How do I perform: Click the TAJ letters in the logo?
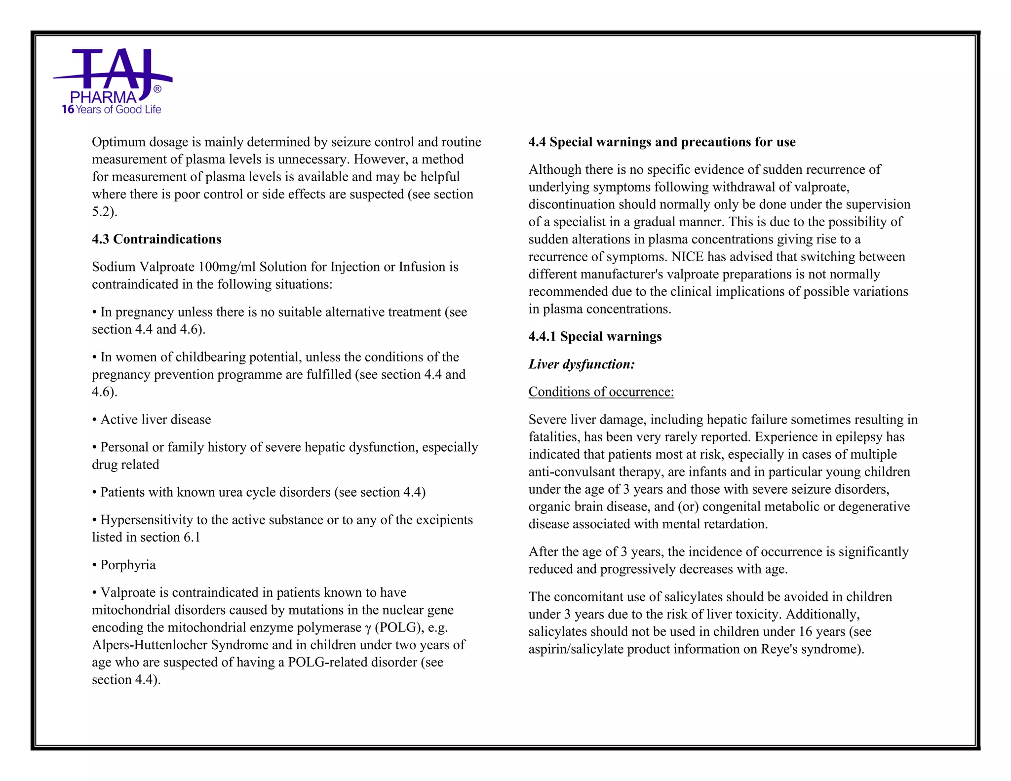tap(113, 69)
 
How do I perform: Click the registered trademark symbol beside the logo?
tap(157, 89)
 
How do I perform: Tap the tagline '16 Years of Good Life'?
tap(112, 110)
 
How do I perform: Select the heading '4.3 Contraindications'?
tap(156, 239)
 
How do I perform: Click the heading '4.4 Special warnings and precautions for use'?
tap(661, 142)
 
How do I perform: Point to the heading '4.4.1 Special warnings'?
tap(594, 337)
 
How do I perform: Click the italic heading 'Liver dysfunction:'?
tap(581, 364)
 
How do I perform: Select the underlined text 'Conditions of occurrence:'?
tap(601, 392)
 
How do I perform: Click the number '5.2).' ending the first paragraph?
tap(104, 212)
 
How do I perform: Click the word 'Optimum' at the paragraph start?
tap(118, 142)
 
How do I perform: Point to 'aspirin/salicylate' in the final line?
tap(576, 649)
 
